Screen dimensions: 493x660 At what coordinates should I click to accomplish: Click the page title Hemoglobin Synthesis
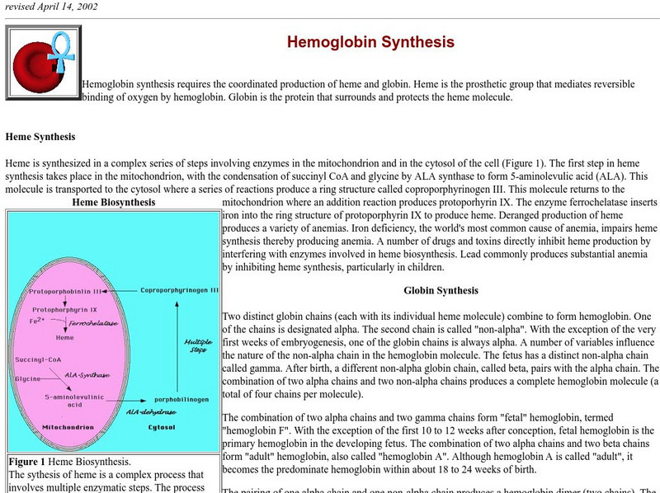(370, 42)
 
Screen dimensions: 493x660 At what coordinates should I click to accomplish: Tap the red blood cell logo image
(43, 62)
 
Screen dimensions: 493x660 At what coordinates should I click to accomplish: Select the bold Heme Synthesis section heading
(40, 137)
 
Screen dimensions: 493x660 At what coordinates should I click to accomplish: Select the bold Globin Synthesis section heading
(441, 291)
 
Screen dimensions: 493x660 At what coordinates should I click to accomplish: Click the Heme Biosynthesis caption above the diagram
(113, 202)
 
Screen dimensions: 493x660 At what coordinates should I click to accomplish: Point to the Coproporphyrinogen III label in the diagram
(179, 291)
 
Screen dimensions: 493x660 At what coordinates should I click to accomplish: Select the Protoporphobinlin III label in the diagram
(65, 292)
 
